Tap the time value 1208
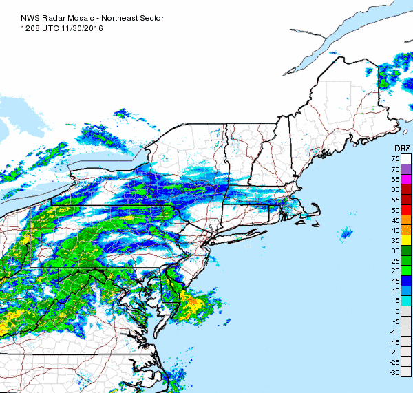tap(30, 19)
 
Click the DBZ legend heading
tap(402, 149)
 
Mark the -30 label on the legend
tap(394, 373)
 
